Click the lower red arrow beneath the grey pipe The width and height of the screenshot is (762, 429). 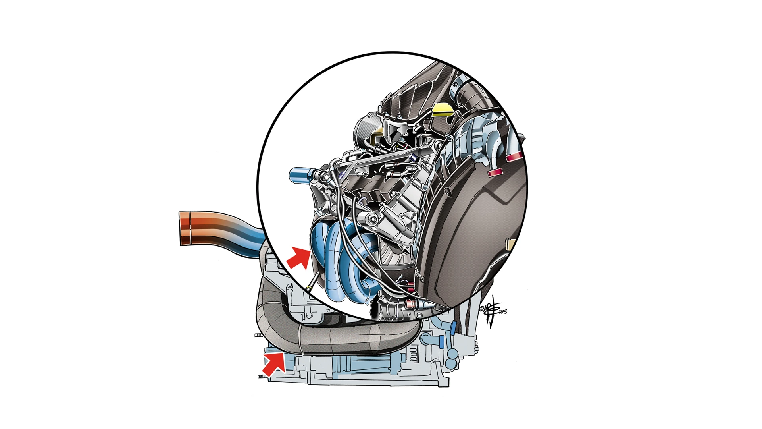pyautogui.click(x=274, y=363)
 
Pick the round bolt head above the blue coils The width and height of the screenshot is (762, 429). pyautogui.click(x=372, y=218)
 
